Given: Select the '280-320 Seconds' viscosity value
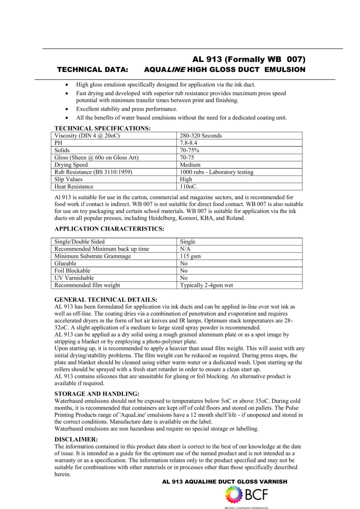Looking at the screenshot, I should click(x=201, y=136).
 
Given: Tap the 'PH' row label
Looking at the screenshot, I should click(x=58, y=143).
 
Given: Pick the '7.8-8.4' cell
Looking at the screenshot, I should click(x=189, y=143).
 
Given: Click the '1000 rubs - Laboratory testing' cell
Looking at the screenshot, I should click(x=217, y=172).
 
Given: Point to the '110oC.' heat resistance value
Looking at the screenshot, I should click(x=189, y=186).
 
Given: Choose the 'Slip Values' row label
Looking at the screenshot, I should click(x=68, y=179).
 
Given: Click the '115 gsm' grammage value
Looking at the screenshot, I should click(x=190, y=256).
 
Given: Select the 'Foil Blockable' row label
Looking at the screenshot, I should click(x=72, y=271).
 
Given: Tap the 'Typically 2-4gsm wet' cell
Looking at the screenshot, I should click(x=207, y=285).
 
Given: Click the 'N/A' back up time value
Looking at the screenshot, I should click(x=185, y=249).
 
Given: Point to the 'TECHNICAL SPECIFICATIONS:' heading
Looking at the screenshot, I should click(x=102, y=128).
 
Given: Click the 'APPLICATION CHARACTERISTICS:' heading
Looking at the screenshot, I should click(x=109, y=229).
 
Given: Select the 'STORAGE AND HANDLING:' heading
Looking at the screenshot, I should click(x=97, y=394).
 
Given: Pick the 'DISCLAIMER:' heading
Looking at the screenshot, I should click(x=76, y=440).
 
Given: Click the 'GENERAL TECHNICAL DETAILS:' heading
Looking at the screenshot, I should click(x=106, y=299).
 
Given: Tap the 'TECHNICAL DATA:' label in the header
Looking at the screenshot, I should click(x=93, y=70).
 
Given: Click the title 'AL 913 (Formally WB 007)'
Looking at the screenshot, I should click(x=249, y=59).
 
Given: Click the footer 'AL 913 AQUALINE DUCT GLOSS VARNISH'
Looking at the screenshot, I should click(x=225, y=482).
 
